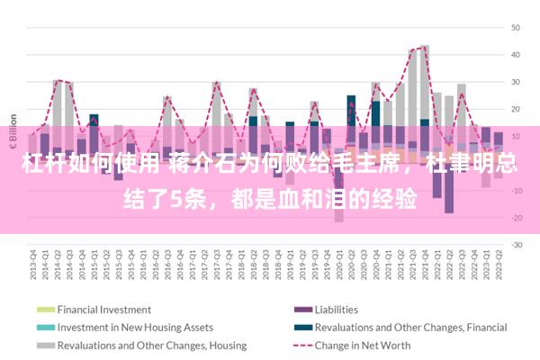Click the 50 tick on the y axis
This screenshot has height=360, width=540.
[517, 27]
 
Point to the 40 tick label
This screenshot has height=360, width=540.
[517, 54]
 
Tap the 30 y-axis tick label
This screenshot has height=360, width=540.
[517, 82]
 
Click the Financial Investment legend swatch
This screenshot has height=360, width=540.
[45, 310]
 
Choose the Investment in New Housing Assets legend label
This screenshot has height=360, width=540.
[135, 327]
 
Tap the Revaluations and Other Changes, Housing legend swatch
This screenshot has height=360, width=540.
[45, 345]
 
